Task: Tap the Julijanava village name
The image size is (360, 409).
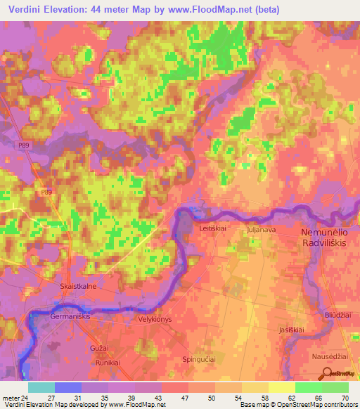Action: point(262,229)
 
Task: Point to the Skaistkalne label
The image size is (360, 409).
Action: point(79,287)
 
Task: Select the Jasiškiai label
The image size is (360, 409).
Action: point(290,330)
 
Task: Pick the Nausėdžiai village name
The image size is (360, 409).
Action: point(330,356)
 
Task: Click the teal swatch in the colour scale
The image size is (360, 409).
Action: point(41,387)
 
